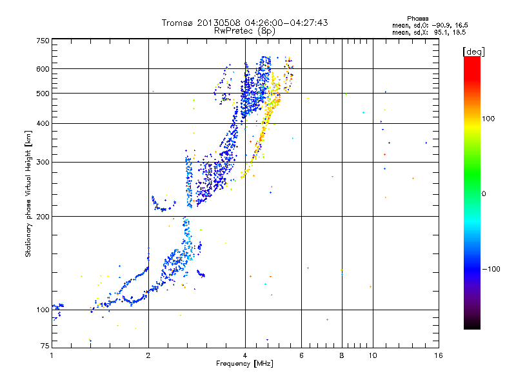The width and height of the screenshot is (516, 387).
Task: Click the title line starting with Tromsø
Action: point(245,23)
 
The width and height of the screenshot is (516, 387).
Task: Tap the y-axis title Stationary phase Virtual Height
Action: point(28,194)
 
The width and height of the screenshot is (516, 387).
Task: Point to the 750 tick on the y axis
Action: point(43,41)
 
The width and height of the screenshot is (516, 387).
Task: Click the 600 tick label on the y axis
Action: point(43,68)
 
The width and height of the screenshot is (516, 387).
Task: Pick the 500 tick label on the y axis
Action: point(43,94)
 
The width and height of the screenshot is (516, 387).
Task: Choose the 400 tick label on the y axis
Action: point(43,123)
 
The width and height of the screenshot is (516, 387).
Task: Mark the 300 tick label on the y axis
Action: point(43,162)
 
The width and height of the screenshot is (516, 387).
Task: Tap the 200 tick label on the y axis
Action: point(43,216)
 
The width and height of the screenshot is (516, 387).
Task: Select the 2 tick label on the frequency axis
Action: point(148,355)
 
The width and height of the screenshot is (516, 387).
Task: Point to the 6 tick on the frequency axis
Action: point(301,355)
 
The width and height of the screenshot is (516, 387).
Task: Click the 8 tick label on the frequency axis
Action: point(342,355)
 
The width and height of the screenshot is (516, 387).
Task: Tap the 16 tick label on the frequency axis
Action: point(439,355)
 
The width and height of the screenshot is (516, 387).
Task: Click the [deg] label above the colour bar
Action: point(474,51)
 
